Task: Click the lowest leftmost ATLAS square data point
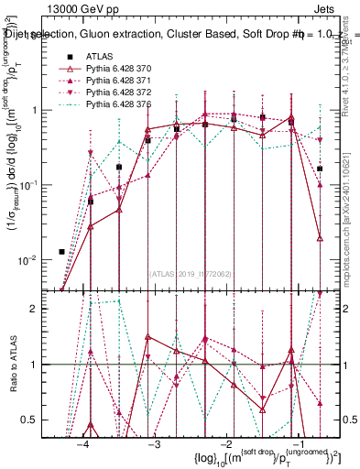click(61, 251)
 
